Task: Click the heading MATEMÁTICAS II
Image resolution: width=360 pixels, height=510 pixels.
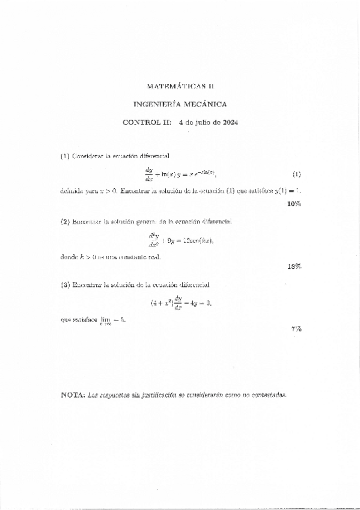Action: (180, 86)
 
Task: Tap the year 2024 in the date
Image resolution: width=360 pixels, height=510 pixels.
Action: (230, 123)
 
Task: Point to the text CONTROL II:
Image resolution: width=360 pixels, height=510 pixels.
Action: (147, 123)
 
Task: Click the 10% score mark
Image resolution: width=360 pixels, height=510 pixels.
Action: (294, 204)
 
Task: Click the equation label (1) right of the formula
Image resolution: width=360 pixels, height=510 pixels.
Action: (296, 174)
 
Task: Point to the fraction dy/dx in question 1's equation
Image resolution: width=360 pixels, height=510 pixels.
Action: (149, 174)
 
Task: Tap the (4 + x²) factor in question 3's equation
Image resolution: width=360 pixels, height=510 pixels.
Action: (160, 303)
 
